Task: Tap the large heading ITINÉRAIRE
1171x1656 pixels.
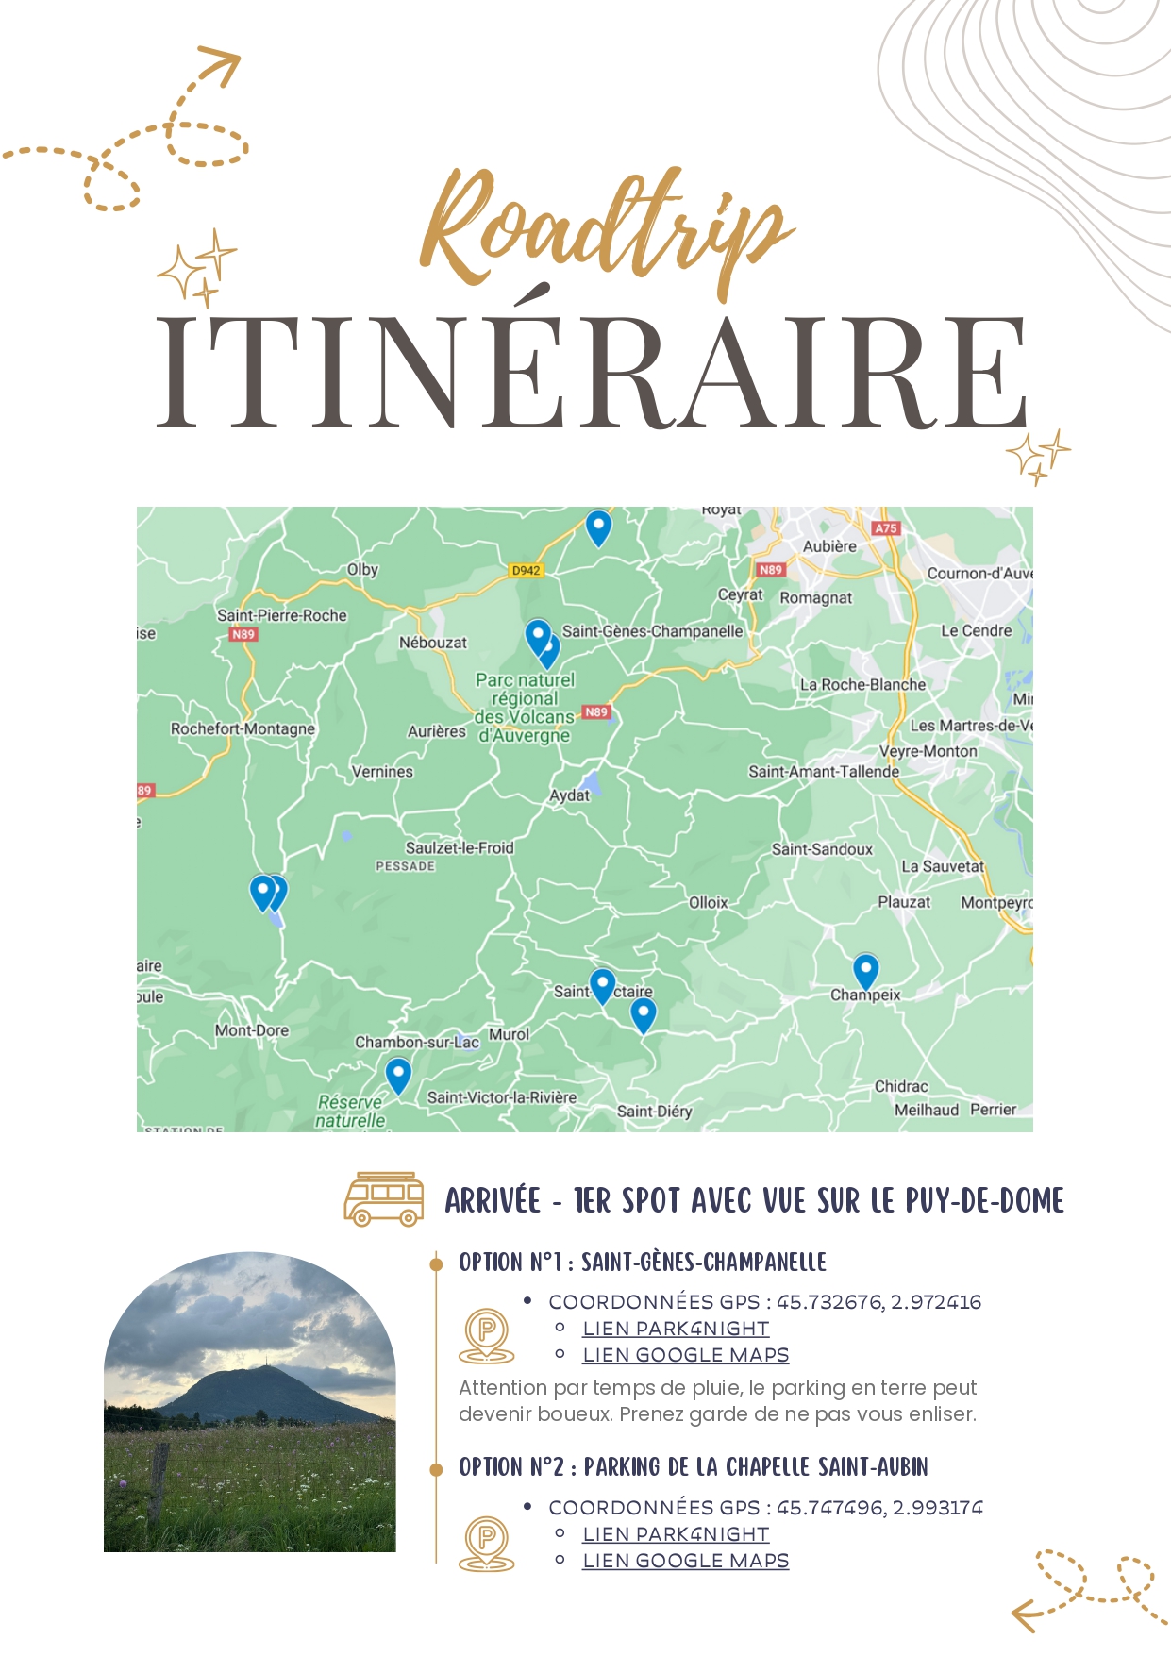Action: tap(592, 372)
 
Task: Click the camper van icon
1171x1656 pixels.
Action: tap(383, 1199)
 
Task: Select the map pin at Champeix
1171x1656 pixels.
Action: tap(865, 971)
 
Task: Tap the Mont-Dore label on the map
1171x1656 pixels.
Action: tap(252, 1030)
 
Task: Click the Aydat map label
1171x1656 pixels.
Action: tap(569, 795)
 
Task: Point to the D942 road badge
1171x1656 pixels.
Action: tap(526, 570)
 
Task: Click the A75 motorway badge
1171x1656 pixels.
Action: tap(885, 528)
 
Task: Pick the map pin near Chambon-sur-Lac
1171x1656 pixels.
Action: tap(398, 1075)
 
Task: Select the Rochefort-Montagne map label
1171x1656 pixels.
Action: tap(243, 728)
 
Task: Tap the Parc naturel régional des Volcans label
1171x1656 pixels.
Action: tap(525, 708)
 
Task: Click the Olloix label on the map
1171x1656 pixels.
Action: tap(708, 903)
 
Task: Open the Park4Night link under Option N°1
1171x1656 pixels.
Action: tap(676, 1329)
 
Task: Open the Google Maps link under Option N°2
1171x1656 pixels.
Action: tap(685, 1561)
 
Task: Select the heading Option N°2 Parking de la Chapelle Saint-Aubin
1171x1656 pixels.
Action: tap(693, 1466)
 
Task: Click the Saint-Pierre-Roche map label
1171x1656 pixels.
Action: tap(282, 615)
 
